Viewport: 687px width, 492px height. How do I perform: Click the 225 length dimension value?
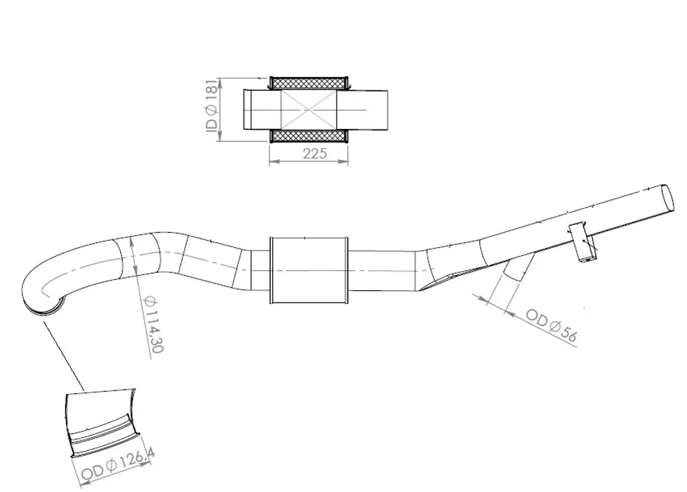pos(315,153)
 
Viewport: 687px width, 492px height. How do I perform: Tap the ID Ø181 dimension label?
pos(211,105)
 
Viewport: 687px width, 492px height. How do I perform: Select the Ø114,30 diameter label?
pos(153,325)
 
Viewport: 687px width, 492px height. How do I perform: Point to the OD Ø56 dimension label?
pos(551,325)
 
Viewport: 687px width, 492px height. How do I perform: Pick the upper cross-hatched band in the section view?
pos(309,83)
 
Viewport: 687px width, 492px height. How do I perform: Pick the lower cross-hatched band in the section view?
pos(309,136)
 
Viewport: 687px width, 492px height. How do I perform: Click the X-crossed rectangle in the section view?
pos(309,109)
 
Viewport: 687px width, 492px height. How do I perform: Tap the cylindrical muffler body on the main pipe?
pos(309,270)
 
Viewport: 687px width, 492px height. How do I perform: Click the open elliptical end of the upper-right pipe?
pos(667,198)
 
